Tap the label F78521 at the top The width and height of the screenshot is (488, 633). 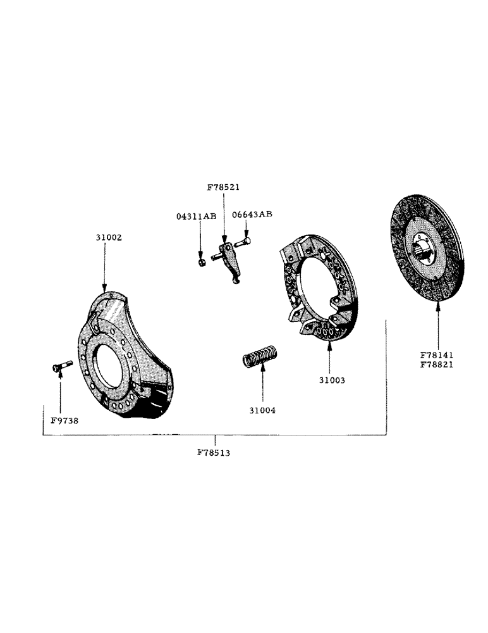click(223, 187)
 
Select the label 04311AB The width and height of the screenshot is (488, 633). click(196, 216)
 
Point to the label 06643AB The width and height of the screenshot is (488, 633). click(252, 214)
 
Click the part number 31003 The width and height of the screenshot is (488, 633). click(331, 380)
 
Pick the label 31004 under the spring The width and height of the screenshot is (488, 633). click(262, 410)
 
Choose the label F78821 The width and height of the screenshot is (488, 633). click(437, 366)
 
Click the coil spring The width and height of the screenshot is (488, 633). click(260, 356)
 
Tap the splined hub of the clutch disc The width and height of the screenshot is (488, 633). click(426, 247)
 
